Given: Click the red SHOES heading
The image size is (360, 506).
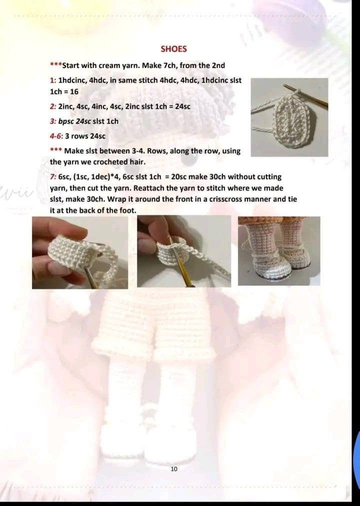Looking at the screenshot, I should [x=173, y=49].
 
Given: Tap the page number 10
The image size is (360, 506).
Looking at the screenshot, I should [x=174, y=468].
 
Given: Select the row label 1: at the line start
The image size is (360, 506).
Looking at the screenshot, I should [x=53, y=80].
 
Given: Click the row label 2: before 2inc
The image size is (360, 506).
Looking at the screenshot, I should [x=53, y=107].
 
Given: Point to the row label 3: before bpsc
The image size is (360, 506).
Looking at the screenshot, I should [x=53, y=121].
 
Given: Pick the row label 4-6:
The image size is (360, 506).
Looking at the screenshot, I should [x=56, y=136].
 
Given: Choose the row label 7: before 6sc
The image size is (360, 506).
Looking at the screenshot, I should [x=53, y=177].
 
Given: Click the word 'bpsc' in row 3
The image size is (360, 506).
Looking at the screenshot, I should [x=67, y=121].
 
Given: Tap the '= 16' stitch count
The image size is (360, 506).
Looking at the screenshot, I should [x=70, y=92].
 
